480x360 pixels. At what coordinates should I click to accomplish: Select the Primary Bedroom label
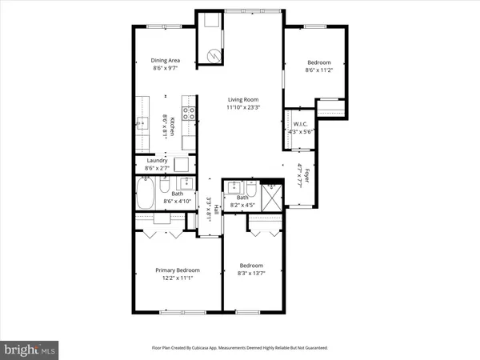[x=177, y=270]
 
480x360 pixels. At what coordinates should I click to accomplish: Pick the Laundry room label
[x=156, y=160]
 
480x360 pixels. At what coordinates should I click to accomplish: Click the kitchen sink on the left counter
[x=142, y=123]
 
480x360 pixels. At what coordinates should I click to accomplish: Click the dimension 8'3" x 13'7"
[x=251, y=274]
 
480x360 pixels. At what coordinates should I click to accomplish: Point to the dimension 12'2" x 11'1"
[x=177, y=279]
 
